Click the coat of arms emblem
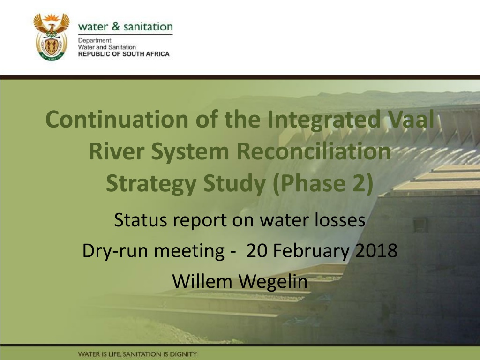[x=52, y=37]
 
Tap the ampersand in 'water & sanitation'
[x=116, y=26]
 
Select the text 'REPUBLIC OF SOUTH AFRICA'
[x=124, y=54]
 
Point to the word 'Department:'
[x=95, y=41]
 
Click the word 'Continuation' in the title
[x=117, y=119]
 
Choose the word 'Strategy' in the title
[x=151, y=184]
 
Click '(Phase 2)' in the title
[x=322, y=184]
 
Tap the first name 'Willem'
[x=202, y=281]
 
